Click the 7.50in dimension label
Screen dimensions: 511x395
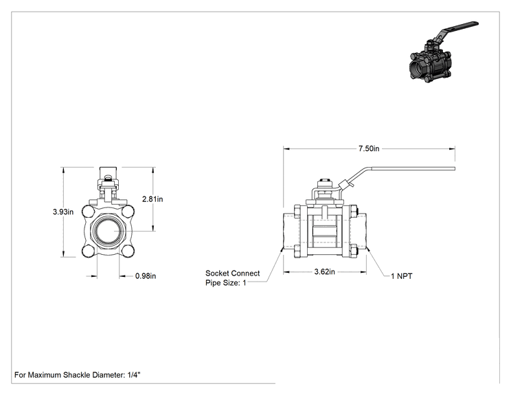(369, 148)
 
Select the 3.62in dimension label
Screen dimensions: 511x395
(324, 272)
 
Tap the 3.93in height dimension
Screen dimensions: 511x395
(63, 212)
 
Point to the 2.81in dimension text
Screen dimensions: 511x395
(152, 199)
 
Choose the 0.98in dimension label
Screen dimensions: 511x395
(146, 276)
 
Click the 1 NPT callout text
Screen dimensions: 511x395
(402, 276)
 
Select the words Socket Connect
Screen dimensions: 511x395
(232, 273)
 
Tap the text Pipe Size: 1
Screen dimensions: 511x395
(225, 283)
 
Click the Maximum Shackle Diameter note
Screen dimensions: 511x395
(77, 375)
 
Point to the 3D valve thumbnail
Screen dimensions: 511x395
(444, 52)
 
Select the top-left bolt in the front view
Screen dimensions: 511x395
(88, 211)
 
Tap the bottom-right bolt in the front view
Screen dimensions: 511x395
(128, 251)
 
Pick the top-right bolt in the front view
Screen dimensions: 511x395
(128, 211)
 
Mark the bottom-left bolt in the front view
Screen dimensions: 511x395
(88, 251)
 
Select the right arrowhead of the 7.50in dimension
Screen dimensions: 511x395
(453, 149)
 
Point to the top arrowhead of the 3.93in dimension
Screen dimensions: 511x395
(63, 170)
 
